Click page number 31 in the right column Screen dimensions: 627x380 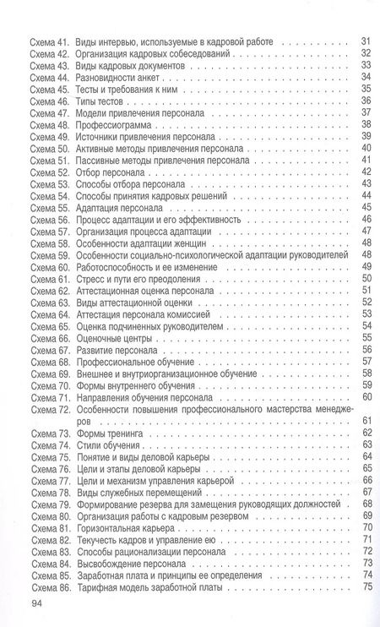click(x=366, y=41)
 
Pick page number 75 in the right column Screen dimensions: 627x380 click(x=366, y=586)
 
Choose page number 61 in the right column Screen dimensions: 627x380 click(x=366, y=420)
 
